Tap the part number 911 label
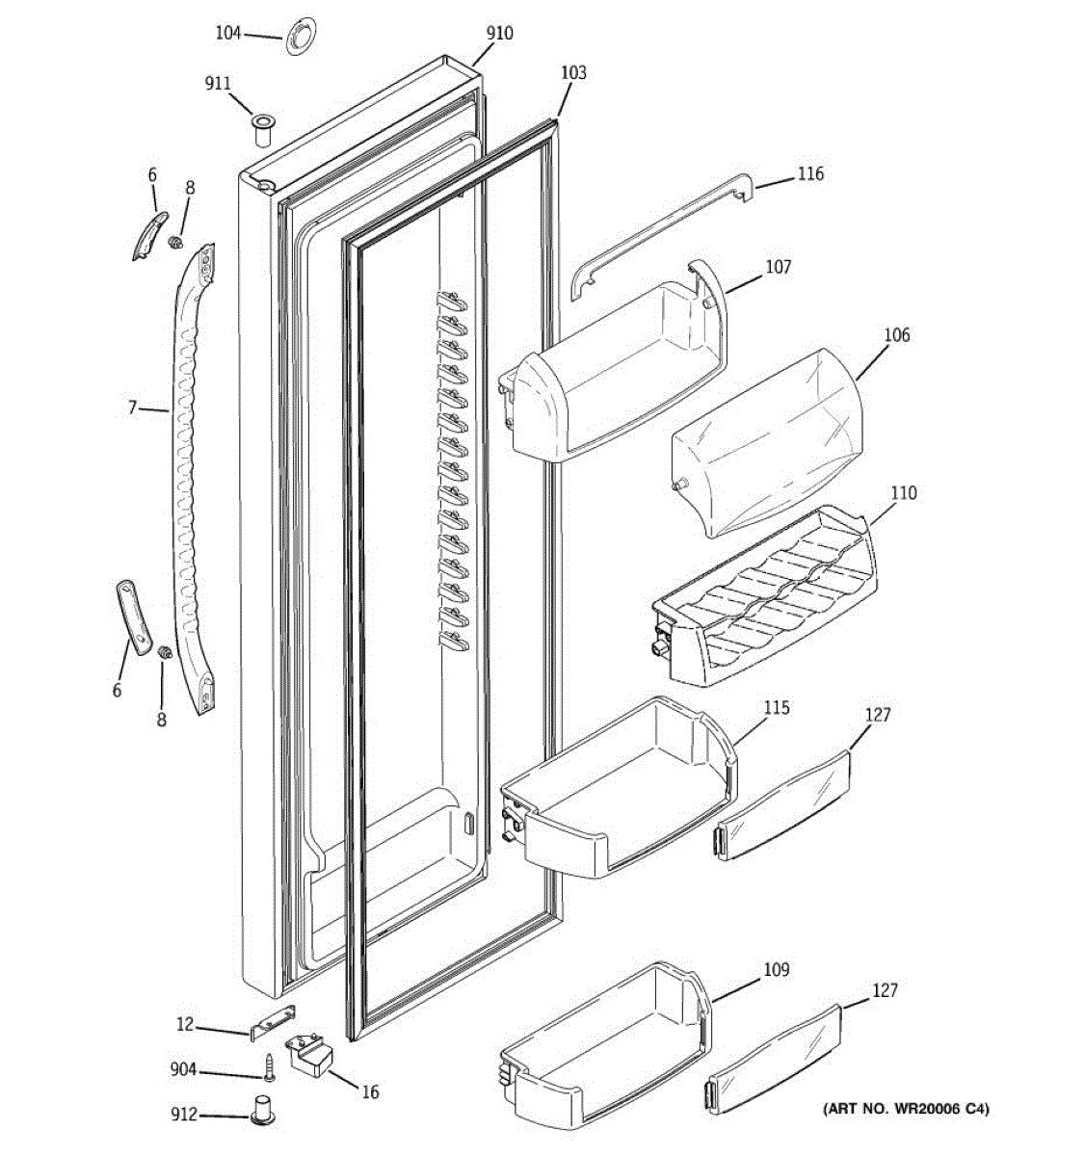[218, 84]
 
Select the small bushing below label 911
[261, 128]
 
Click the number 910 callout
[499, 34]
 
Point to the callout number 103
[573, 73]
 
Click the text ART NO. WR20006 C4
[906, 1109]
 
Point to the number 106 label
[896, 335]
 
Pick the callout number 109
[777, 970]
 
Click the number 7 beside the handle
[132, 407]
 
